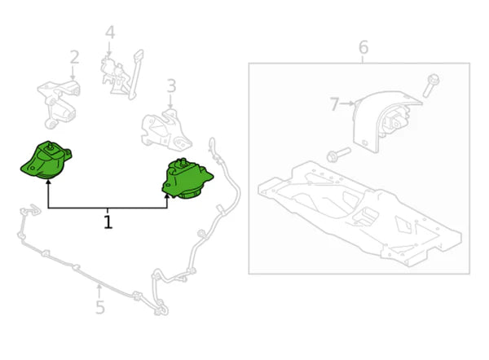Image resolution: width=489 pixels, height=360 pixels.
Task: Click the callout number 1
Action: point(108,221)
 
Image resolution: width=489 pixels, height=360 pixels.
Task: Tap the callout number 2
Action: point(74,57)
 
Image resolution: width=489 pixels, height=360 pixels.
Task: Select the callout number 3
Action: point(171,86)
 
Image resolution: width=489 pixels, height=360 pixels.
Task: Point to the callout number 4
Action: point(110,33)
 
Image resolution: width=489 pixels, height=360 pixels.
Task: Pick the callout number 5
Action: point(99,307)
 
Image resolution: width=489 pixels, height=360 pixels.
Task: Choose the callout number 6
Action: point(363,47)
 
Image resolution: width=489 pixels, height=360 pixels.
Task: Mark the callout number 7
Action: point(334,104)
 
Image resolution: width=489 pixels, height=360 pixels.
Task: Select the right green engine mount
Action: point(187,178)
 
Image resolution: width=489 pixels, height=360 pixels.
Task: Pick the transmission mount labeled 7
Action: point(383,122)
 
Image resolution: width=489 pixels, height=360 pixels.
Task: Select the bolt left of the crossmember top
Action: point(337,154)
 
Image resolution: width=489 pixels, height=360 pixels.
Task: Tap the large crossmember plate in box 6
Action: point(359,212)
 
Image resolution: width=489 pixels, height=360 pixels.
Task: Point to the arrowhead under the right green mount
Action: point(168,195)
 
